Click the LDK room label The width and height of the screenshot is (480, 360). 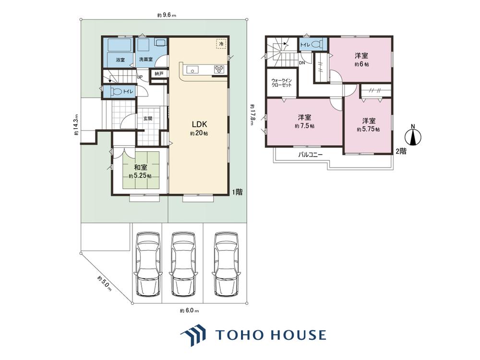(200, 124)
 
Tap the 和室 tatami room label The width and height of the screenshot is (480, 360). (141, 168)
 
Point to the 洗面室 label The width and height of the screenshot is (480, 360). (146, 60)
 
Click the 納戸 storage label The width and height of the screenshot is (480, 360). (159, 74)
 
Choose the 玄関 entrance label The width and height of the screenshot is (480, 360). (148, 119)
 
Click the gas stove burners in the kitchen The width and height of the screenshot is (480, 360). (219, 69)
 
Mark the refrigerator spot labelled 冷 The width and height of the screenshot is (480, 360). (221, 44)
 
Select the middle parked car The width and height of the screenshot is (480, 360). (183, 264)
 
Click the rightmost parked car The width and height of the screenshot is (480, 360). (226, 264)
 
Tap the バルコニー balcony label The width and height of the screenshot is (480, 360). (311, 155)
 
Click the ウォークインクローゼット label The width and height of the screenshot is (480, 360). (281, 83)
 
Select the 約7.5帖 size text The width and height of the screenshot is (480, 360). (305, 126)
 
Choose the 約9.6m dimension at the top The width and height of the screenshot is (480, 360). (167, 15)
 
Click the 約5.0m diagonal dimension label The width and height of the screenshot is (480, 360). (104, 284)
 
